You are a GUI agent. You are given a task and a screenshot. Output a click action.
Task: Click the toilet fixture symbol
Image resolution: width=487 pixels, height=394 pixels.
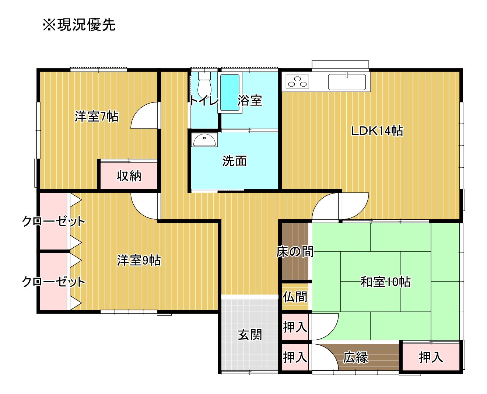(204, 85)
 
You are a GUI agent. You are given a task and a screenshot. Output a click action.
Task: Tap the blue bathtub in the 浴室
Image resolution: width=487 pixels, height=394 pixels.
(230, 93)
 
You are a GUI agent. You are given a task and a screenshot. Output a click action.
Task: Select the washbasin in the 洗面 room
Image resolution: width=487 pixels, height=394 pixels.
(204, 140)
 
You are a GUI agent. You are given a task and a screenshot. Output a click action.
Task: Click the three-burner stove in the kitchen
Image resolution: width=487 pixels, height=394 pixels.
(297, 81)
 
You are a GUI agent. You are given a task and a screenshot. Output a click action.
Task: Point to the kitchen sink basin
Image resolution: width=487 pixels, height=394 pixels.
(347, 82)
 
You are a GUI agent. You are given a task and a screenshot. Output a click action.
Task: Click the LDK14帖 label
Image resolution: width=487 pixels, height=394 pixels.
(377, 131)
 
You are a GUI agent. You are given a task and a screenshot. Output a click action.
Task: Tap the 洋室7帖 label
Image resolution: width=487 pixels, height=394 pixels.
(97, 116)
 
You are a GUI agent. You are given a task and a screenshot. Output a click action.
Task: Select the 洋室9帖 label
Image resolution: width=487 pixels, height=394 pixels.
(139, 260)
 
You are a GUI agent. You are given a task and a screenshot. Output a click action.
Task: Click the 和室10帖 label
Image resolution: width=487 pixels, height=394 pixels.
(385, 282)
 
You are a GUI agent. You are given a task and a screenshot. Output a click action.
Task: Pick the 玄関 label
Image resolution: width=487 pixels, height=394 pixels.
(250, 335)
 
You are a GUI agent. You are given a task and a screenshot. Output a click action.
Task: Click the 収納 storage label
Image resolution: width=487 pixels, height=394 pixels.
(129, 176)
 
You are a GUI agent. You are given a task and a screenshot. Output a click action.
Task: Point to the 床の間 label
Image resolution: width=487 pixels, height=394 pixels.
(295, 251)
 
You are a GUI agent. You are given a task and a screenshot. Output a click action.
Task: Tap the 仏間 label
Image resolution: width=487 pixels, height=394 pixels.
(295, 297)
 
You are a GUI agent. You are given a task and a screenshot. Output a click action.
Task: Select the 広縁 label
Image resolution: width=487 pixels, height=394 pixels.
(355, 357)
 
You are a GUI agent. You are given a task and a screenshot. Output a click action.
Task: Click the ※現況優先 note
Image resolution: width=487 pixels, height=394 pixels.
(79, 24)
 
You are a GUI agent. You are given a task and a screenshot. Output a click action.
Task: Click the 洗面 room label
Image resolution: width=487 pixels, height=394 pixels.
(235, 161)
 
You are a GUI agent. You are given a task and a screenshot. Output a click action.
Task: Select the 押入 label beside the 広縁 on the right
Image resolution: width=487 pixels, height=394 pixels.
(431, 357)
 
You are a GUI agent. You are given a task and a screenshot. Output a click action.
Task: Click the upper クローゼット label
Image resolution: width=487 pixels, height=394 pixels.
(54, 221)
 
